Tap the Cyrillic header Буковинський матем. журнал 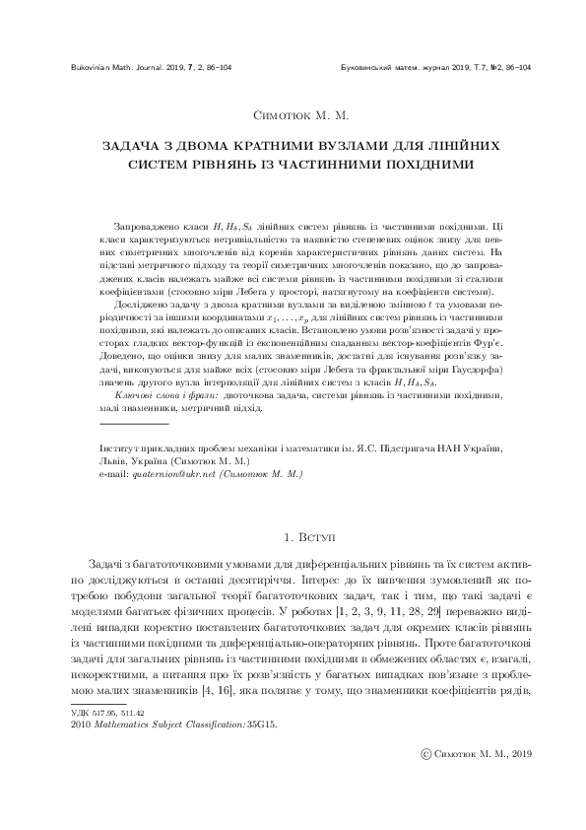[x=393, y=67]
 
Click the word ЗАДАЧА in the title [x=132, y=145]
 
